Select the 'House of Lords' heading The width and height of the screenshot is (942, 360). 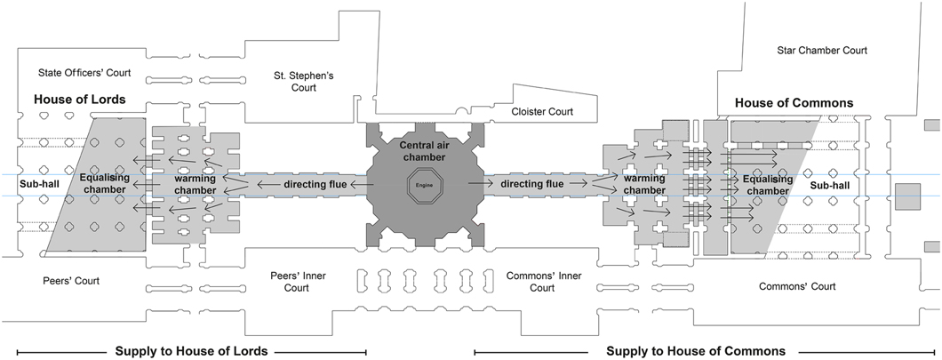[x=80, y=99]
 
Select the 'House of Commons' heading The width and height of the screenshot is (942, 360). [x=794, y=103]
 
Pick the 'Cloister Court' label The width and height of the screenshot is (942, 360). [x=543, y=112]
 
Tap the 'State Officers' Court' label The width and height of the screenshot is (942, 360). [x=85, y=71]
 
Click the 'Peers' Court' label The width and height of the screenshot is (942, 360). [x=71, y=281]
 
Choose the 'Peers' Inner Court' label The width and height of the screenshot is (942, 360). [x=298, y=282]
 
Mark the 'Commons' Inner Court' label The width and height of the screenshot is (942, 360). [x=542, y=282]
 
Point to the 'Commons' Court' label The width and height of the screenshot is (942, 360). [x=797, y=286]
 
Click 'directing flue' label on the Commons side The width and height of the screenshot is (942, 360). [x=531, y=185]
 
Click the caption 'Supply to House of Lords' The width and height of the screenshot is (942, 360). [x=191, y=351]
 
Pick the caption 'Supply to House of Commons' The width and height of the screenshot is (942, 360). [x=696, y=351]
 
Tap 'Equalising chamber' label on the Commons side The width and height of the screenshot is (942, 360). [x=754, y=184]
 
